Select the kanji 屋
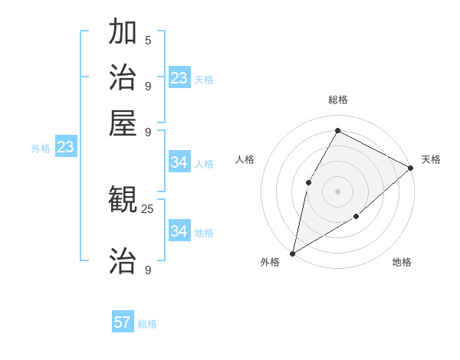(x=123, y=122)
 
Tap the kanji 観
(x=123, y=201)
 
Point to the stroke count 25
(x=147, y=208)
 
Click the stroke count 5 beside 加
(x=148, y=40)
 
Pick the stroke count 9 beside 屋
(x=148, y=131)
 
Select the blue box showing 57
(x=123, y=322)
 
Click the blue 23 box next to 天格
(x=179, y=78)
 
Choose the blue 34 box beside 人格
(x=179, y=162)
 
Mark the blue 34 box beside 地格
(x=179, y=231)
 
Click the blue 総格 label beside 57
(x=147, y=324)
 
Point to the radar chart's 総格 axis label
(x=338, y=100)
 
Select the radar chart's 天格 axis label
(x=431, y=159)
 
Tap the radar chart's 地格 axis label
(x=402, y=263)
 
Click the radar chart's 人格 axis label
(x=245, y=159)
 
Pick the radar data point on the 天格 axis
(x=411, y=168)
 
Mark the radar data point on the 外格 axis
(x=292, y=253)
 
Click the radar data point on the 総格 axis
(x=337, y=130)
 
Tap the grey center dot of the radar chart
(x=337, y=191)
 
